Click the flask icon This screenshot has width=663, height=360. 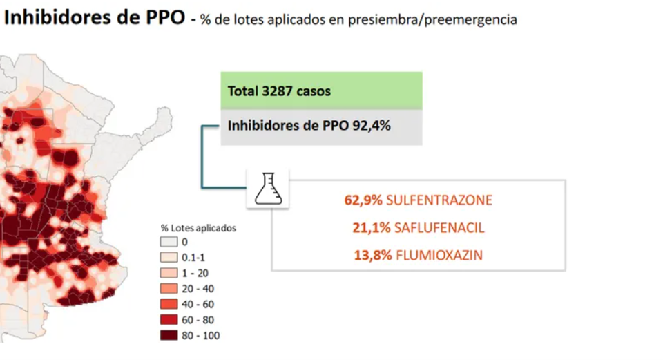(268, 188)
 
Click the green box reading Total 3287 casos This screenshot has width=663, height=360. (321, 91)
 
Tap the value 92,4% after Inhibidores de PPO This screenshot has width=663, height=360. (375, 126)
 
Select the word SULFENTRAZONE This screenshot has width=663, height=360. (439, 200)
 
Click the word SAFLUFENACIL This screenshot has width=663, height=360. (435, 228)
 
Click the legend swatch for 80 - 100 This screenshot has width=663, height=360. (169, 336)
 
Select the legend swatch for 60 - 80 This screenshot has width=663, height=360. (169, 320)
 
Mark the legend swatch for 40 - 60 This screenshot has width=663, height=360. (169, 304)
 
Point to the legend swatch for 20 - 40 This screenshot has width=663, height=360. (169, 288)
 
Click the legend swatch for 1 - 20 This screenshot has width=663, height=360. (169, 273)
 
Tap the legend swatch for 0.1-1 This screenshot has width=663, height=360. (169, 257)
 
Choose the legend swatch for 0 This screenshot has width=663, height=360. (169, 241)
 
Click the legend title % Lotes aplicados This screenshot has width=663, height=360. (198, 227)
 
